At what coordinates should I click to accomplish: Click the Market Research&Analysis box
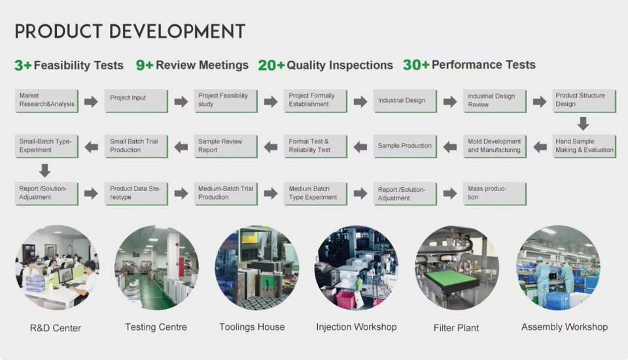[x=47, y=101]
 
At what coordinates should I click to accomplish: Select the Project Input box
[x=136, y=101]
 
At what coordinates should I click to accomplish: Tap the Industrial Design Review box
[x=495, y=101]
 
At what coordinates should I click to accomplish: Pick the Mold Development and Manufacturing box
[x=495, y=147]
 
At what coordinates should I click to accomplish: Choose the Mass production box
[x=495, y=194]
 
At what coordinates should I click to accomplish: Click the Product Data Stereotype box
[x=136, y=194]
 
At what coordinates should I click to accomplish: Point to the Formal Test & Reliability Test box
[x=315, y=147]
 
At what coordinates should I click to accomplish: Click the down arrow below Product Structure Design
[x=583, y=124]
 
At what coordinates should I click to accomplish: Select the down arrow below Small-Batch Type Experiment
[x=45, y=170]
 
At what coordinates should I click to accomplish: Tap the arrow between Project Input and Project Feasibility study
[x=181, y=101]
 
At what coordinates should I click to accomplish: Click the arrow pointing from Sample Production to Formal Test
[x=360, y=147]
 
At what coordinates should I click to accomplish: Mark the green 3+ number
[x=23, y=65]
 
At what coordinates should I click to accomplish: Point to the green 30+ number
[x=416, y=65]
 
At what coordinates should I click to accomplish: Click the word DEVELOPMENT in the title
[x=177, y=31]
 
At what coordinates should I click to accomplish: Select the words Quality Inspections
[x=340, y=65]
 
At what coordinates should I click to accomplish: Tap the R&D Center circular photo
[x=58, y=268]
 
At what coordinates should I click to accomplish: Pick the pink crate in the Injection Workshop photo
[x=347, y=300]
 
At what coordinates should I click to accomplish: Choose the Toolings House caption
[x=252, y=327]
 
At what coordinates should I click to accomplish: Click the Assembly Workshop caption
[x=565, y=327]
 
